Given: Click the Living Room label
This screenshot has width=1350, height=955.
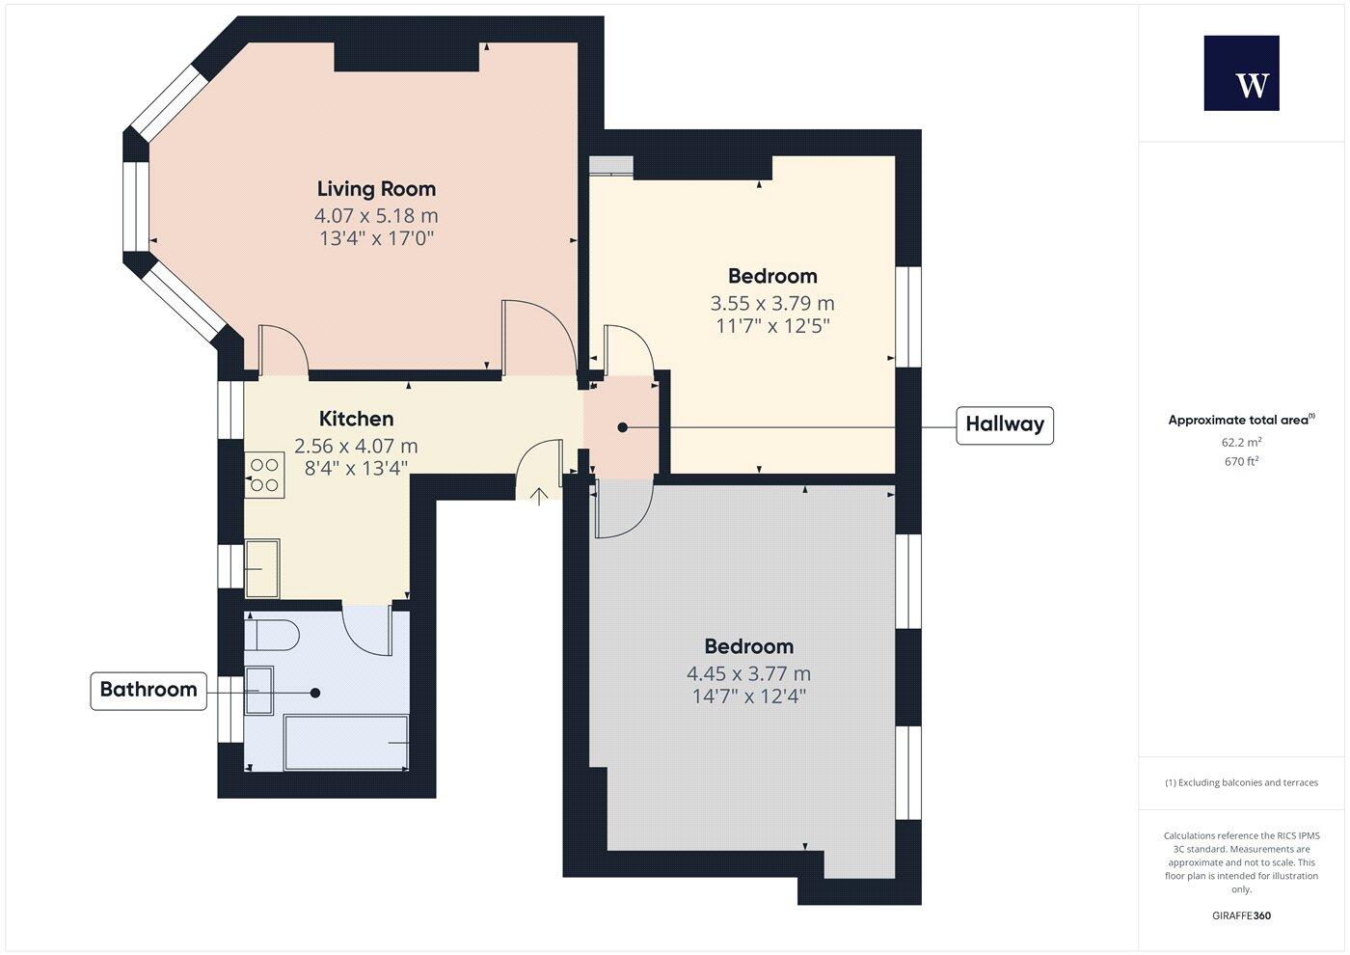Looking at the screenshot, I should coord(376,189).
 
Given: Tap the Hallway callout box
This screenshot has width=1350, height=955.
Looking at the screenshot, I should coord(1004,424).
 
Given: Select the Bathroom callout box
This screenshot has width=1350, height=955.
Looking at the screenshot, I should coord(148,690).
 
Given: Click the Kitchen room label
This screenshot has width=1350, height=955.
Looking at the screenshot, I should coord(356,419).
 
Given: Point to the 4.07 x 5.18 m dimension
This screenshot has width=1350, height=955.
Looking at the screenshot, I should coord(376,216).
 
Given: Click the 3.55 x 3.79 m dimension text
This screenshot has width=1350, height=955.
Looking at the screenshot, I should coord(772,303).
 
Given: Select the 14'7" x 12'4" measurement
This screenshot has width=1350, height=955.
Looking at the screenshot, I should coord(748,696).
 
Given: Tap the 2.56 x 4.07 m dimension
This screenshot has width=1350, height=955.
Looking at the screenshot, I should coord(356,446).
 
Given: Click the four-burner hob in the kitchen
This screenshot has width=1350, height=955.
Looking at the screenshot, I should coord(264,475).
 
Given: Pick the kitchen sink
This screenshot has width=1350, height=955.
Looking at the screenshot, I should coord(262,568).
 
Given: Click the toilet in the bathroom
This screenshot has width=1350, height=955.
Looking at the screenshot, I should coord(273,636).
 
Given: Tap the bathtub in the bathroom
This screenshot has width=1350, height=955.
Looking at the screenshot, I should coord(346,742).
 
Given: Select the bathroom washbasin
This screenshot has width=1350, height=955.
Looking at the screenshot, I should coord(259,690).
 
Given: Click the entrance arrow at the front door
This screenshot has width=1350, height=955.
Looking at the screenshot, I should coord(539,495).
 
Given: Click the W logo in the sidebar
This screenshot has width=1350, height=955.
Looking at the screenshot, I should coord(1241,73).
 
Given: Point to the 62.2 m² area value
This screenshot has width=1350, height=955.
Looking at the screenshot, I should coord(1241,443).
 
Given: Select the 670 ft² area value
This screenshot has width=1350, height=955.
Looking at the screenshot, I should coord(1241,461).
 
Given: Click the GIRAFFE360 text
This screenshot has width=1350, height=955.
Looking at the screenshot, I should coord(1241,915).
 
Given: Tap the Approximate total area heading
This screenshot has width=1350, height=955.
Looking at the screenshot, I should coord(1240,420).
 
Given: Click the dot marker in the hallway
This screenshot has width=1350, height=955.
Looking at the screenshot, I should coord(623,426).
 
